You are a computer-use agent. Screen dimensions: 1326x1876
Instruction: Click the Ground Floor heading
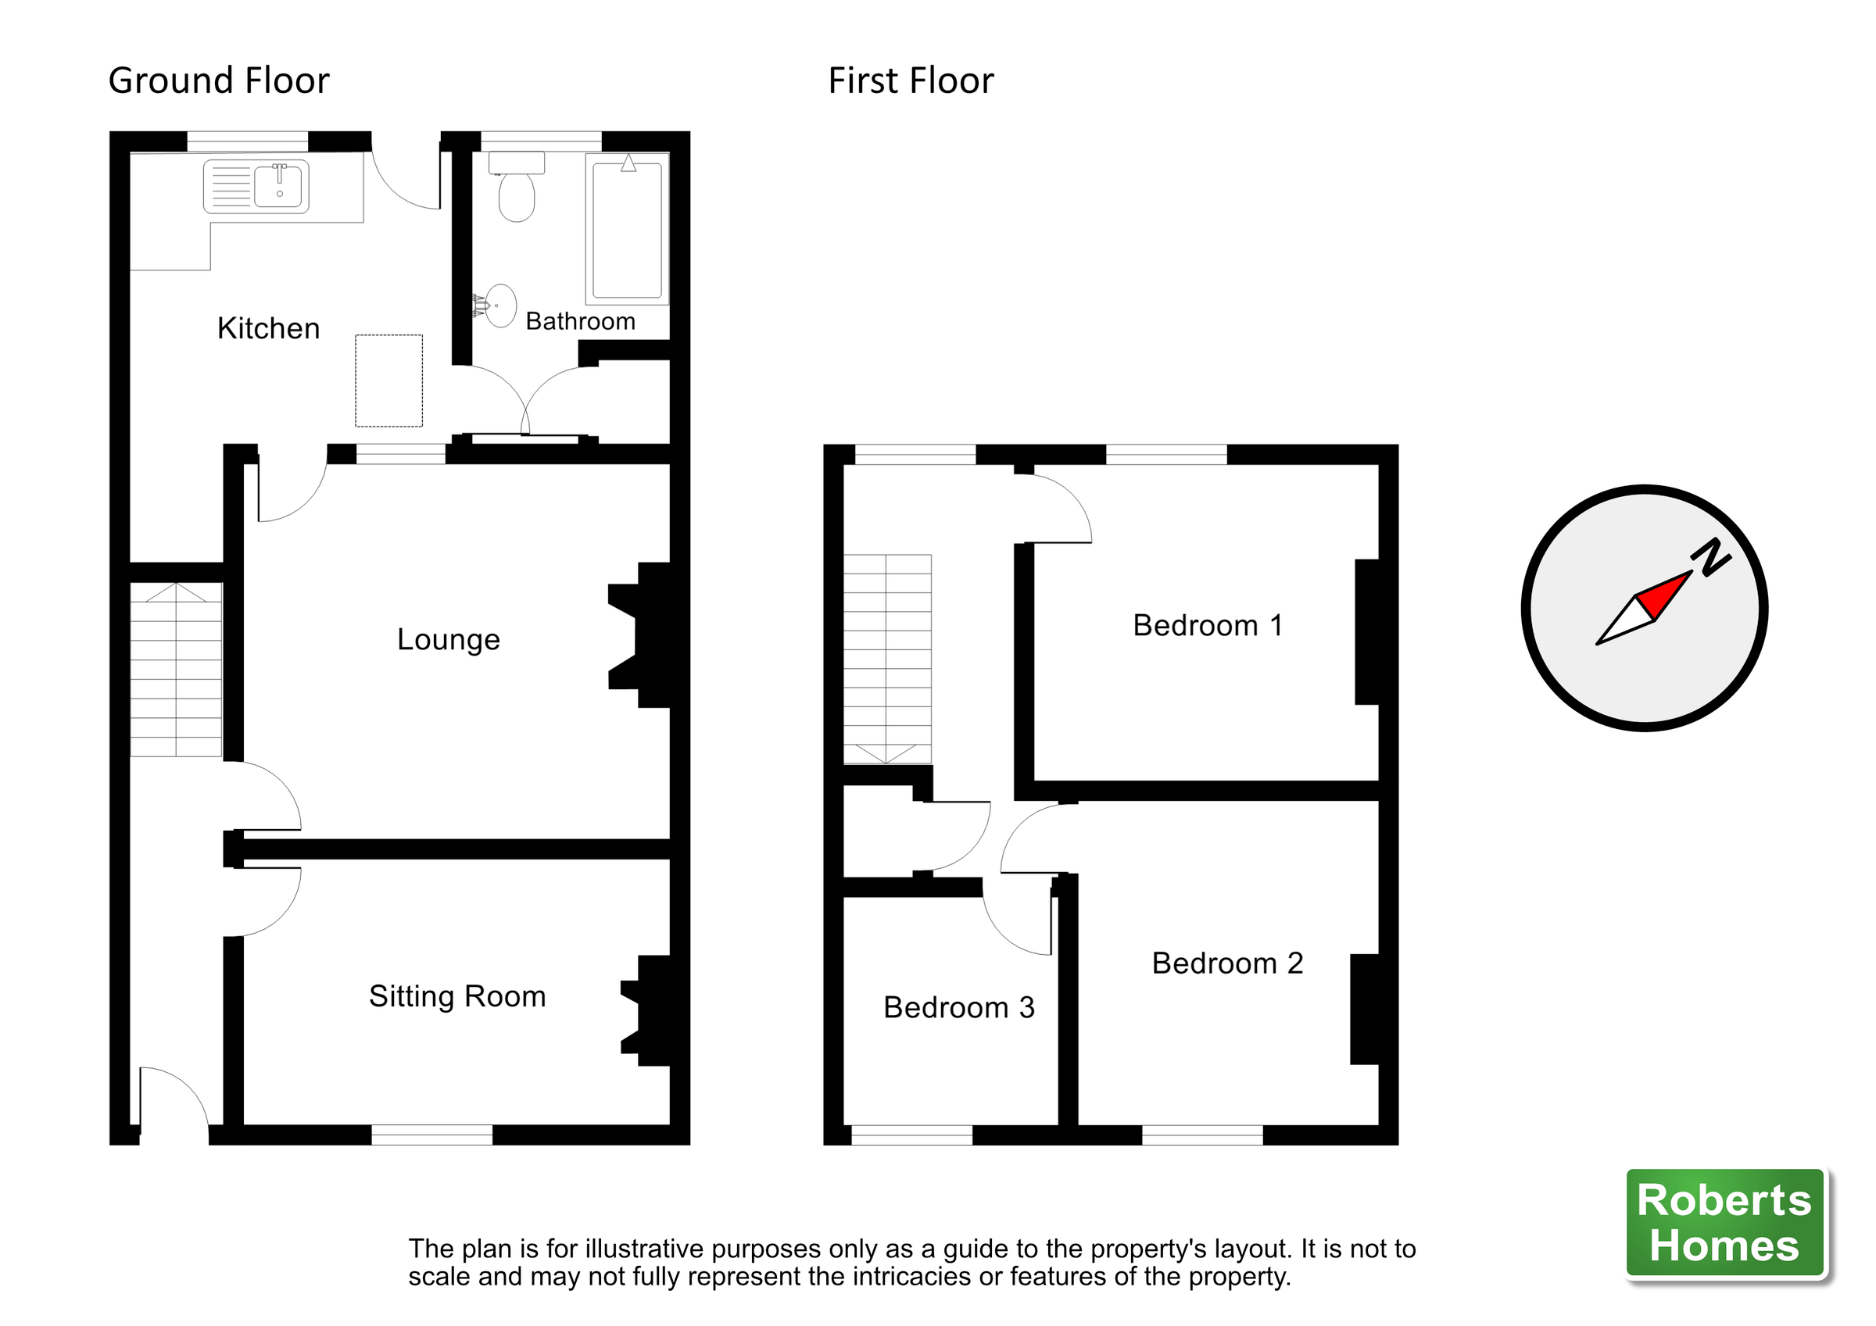point(218,81)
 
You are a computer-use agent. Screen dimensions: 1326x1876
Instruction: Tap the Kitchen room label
point(268,328)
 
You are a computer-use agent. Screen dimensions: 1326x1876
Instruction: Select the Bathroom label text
point(580,321)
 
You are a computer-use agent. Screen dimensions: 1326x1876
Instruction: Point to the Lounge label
point(448,640)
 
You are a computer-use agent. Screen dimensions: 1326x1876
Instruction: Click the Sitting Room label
point(456,997)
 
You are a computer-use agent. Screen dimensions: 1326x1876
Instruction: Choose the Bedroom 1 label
point(1207,626)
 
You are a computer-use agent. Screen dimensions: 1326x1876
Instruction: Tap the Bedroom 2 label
point(1226,963)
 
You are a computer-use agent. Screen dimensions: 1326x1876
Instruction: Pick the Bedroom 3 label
point(958,1007)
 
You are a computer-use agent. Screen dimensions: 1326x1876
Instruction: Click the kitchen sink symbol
point(256,186)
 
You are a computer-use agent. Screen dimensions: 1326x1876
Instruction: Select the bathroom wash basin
point(499,306)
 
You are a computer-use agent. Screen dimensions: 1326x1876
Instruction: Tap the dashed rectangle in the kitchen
point(388,381)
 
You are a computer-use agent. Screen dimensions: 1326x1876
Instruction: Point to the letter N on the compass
point(1710,558)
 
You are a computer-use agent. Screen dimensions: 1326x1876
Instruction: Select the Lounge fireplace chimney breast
point(646,634)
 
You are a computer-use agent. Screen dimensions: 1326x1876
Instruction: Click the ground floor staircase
point(176,670)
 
